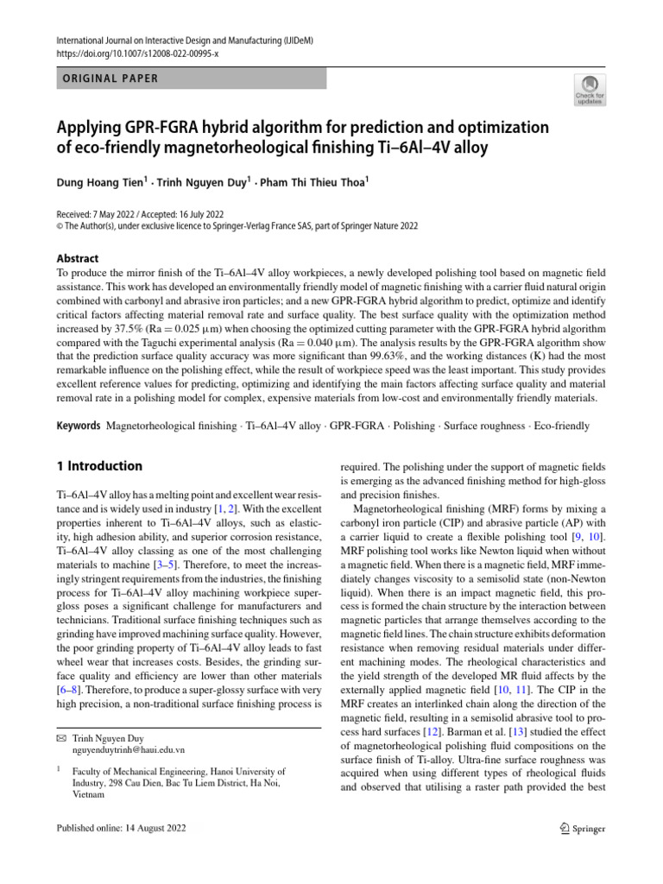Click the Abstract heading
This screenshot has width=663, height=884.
pyautogui.click(x=77, y=258)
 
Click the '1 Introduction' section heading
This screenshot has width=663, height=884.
pyautogui.click(x=98, y=466)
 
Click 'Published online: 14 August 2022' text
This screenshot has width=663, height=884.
pyautogui.click(x=119, y=829)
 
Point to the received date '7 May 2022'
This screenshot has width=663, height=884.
pyautogui.click(x=124, y=214)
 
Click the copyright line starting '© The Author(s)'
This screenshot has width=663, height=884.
pyautogui.click(x=237, y=226)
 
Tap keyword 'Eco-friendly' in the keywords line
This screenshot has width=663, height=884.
pyautogui.click(x=561, y=426)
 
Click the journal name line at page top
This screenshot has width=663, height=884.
pyautogui.click(x=173, y=40)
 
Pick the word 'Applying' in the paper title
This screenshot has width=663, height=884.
pyautogui.click(x=93, y=128)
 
